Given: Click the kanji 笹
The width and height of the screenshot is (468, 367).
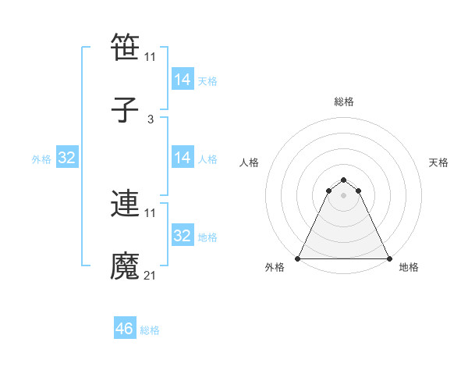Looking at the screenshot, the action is [x=125, y=48].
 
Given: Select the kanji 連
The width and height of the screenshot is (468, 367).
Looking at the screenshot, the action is [x=125, y=204].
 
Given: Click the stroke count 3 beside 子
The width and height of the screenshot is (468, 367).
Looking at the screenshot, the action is [x=151, y=119].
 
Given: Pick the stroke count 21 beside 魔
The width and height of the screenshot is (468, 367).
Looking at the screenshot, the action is [x=151, y=276].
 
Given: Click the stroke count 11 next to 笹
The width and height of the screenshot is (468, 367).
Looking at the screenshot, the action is [x=151, y=56].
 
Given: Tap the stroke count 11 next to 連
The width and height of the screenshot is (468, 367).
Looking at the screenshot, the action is [x=151, y=212].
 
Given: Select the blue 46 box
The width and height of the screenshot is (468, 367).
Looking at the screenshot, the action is [x=125, y=329].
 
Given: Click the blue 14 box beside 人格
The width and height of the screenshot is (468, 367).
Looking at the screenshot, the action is [x=183, y=158].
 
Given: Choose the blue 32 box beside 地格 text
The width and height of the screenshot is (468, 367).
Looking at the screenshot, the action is [x=183, y=236].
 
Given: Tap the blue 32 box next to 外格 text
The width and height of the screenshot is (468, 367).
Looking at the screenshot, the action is [x=67, y=158].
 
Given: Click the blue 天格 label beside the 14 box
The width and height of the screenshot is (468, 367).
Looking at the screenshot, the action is [x=207, y=80].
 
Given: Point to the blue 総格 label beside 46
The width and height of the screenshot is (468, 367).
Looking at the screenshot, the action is [x=150, y=330].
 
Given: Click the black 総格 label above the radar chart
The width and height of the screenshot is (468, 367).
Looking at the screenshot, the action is [x=344, y=102].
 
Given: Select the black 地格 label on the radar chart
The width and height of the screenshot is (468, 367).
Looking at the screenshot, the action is [x=409, y=267].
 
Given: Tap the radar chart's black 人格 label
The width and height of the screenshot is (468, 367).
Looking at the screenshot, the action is [x=250, y=162].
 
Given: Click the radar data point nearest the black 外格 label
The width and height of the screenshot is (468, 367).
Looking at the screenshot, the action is [x=298, y=258].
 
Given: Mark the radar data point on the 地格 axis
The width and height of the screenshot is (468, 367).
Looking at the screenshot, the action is [x=388, y=258].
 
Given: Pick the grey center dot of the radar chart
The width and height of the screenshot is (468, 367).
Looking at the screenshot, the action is [x=344, y=194].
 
